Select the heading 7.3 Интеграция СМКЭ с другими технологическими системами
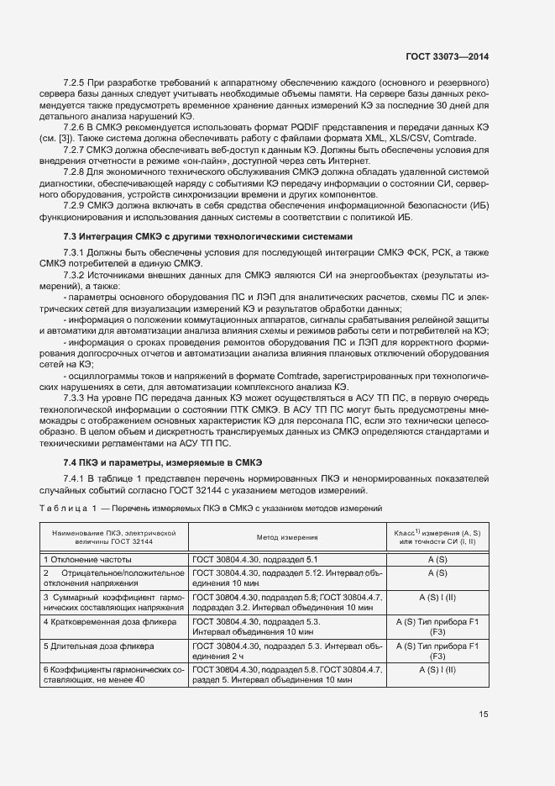tap(203, 235)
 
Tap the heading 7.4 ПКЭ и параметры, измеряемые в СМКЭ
tap(163, 462)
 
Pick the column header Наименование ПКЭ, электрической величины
tap(113, 536)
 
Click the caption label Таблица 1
tap(68, 509)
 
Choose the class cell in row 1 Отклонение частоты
tap(437, 559)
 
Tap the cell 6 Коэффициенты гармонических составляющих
tap(113, 675)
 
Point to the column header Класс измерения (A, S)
tap(437, 536)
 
